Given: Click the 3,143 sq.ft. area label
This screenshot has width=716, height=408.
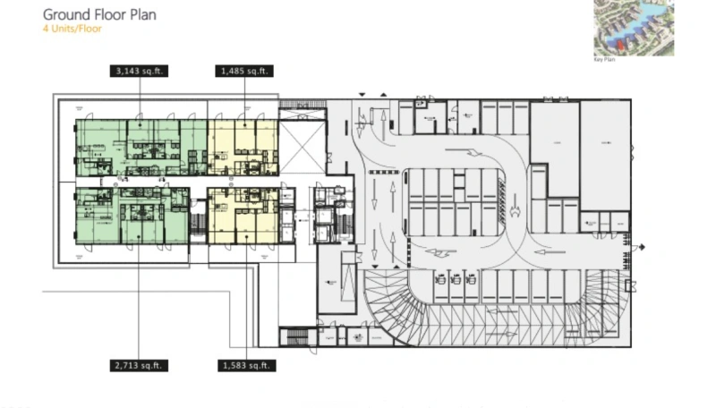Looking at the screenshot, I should click(x=138, y=70).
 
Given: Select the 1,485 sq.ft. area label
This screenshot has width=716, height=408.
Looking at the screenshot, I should click(x=244, y=70).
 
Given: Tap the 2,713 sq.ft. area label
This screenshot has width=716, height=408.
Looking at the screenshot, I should click(x=138, y=365).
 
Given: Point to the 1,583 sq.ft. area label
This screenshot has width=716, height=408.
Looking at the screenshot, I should click(x=244, y=365).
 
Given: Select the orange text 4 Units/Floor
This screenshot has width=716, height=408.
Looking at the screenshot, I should click(x=72, y=29).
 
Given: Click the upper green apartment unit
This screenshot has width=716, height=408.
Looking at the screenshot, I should click(x=141, y=147).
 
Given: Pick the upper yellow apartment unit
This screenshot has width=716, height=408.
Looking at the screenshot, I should click(x=243, y=147).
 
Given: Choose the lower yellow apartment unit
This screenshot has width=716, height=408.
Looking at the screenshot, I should click(x=243, y=216).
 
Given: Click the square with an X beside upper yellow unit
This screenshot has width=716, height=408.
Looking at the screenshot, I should click(x=302, y=146).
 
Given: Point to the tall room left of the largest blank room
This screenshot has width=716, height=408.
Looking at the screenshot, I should click(x=554, y=149).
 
